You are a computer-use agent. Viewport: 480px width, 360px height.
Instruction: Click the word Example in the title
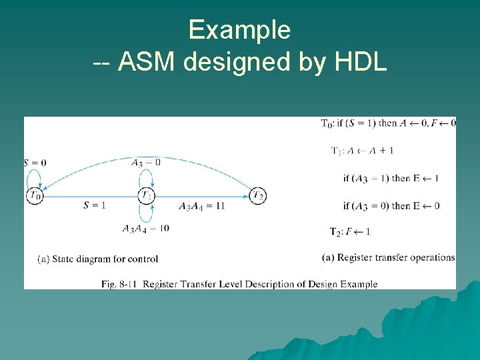239,30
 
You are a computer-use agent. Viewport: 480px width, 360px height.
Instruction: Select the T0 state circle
35,195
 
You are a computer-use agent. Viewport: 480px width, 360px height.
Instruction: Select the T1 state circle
147,195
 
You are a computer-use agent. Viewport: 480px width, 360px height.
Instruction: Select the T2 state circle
259,195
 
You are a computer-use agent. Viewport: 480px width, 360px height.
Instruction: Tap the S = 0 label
35,163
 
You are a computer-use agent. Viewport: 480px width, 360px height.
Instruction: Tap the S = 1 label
95,205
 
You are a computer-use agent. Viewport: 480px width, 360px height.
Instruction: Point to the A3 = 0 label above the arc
146,162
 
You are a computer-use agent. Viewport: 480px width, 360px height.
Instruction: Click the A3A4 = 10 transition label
146,228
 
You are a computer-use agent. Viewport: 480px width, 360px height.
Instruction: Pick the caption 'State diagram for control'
98,259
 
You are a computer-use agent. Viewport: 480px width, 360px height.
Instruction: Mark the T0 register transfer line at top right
388,123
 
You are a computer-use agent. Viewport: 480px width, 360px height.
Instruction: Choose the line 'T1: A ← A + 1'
362,151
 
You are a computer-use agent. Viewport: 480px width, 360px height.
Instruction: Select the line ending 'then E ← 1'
391,178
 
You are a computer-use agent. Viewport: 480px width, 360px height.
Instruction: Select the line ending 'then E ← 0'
391,205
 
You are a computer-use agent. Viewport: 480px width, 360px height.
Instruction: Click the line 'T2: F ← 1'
350,232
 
